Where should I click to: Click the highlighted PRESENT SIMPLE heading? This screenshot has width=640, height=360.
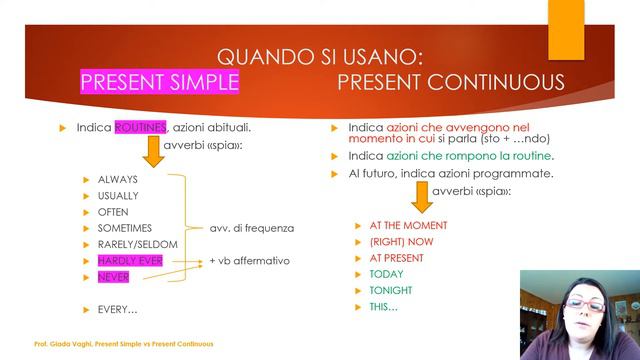(x=159, y=82)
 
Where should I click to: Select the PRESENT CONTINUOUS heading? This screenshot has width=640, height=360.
(x=450, y=82)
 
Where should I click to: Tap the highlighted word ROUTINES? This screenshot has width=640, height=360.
(x=140, y=128)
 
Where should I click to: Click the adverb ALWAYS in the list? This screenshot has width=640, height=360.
(x=117, y=180)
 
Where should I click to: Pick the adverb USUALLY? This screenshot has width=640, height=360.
(x=118, y=196)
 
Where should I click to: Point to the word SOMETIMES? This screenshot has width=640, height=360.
(x=124, y=228)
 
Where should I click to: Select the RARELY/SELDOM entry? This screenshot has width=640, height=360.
(x=137, y=244)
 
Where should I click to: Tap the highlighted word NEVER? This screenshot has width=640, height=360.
(x=113, y=277)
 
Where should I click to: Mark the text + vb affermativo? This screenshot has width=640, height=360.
(x=249, y=261)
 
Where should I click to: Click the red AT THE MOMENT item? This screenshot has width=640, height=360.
(x=408, y=226)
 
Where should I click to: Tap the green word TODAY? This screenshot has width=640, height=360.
(x=386, y=274)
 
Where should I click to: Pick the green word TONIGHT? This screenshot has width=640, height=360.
(x=390, y=290)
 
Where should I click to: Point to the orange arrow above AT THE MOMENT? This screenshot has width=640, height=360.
(x=421, y=198)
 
